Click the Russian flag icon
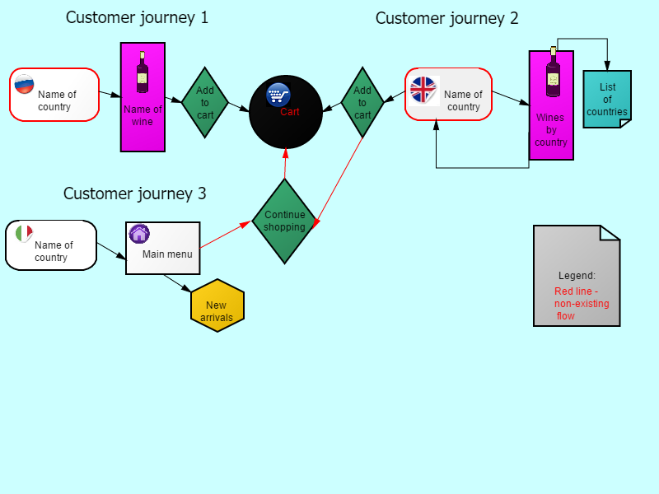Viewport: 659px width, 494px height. pyautogui.click(x=24, y=84)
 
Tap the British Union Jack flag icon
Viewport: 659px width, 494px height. pyautogui.click(x=423, y=90)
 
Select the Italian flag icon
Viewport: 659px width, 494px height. pyautogui.click(x=24, y=233)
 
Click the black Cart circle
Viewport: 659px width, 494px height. pyautogui.click(x=286, y=112)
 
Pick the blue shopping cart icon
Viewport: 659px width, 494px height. pyautogui.click(x=278, y=95)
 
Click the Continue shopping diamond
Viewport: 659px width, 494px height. pyautogui.click(x=284, y=221)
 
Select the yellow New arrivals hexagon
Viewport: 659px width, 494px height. pyautogui.click(x=217, y=305)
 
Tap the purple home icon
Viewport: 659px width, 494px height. pyautogui.click(x=139, y=234)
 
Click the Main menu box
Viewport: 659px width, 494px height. pyautogui.click(x=163, y=249)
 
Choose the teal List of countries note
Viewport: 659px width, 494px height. pyautogui.click(x=607, y=99)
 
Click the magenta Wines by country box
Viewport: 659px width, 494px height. pyautogui.click(x=551, y=105)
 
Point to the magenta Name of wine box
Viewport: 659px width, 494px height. pyautogui.click(x=143, y=97)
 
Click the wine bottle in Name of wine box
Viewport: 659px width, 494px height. pyautogui.click(x=142, y=72)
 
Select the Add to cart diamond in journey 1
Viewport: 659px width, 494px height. pyautogui.click(x=204, y=102)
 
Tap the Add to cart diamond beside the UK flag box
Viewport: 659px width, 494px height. pyautogui.click(x=362, y=102)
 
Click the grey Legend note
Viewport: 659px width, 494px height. pyautogui.click(x=577, y=276)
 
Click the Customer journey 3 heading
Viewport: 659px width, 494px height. pyautogui.click(x=135, y=193)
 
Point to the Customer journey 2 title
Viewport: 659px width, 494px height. pyautogui.click(x=446, y=18)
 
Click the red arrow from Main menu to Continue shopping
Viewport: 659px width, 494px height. pyautogui.click(x=226, y=235)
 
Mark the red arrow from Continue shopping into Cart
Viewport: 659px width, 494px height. pyautogui.click(x=285, y=163)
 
